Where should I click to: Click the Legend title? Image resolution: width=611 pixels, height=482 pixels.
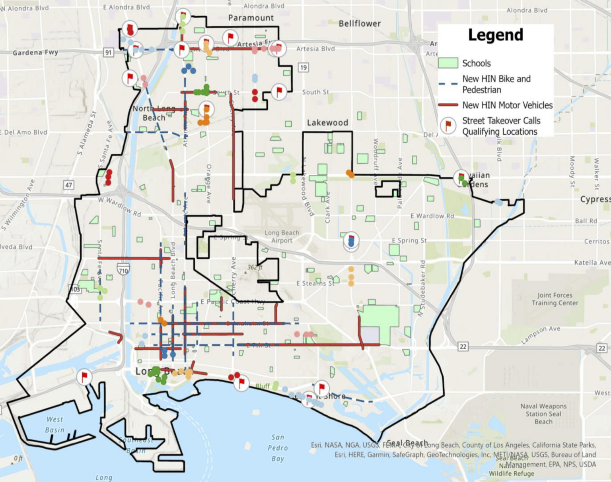point(495,35)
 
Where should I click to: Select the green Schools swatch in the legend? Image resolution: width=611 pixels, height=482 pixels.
point(448,63)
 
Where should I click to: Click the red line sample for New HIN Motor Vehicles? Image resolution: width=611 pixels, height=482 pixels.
point(448,105)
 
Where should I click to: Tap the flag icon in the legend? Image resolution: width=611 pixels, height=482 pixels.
point(448,126)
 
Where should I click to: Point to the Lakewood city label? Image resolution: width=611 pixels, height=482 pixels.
point(327,123)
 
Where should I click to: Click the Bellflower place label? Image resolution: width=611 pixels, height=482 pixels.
point(360,23)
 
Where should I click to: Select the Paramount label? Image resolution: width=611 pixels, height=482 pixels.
point(251,18)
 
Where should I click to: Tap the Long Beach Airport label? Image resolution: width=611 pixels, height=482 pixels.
point(282,236)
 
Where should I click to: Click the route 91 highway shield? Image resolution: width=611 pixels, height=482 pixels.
point(108,52)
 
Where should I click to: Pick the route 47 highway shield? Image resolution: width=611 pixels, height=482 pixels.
point(68,185)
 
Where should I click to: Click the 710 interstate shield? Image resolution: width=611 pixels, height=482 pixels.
point(123,271)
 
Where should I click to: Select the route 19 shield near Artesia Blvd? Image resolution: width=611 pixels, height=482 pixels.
point(303,67)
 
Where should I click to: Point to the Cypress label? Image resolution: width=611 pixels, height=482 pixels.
point(595,199)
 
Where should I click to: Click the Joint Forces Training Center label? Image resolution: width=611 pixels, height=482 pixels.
point(555,299)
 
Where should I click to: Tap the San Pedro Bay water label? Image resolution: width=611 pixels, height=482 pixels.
point(278,448)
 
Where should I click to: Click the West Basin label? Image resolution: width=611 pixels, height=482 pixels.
point(54,424)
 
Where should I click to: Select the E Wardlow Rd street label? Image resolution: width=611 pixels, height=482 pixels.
point(432,216)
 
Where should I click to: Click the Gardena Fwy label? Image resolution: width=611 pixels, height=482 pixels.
point(35,52)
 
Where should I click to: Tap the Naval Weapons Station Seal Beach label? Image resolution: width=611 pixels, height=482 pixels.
point(543,414)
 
